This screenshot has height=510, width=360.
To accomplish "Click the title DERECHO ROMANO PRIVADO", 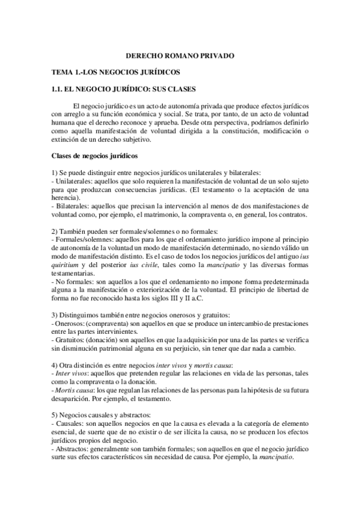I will pyautogui.click(x=180, y=56).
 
